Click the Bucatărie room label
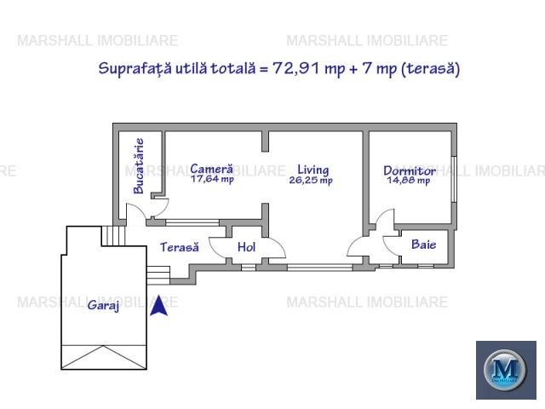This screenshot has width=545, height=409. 139,166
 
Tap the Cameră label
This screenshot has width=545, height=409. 212,169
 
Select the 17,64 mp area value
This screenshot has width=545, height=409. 212,179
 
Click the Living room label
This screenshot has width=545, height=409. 313,170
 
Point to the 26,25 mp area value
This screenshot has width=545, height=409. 311,180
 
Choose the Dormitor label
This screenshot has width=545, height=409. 410,170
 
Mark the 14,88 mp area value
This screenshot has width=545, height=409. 409,181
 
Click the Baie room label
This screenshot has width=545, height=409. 424,245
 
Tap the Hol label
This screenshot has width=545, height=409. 246,247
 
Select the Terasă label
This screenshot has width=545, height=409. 180,247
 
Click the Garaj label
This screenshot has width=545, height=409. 104,305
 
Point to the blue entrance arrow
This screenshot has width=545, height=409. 159,305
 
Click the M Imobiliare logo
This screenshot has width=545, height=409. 506,370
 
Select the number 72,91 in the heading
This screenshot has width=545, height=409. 295,68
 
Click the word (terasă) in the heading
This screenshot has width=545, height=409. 431,68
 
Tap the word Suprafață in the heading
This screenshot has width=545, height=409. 135,68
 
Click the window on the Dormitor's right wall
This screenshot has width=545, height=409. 454,179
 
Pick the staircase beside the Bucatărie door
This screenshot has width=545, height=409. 113,236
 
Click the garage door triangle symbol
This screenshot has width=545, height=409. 104,357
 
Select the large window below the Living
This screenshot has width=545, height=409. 320,268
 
